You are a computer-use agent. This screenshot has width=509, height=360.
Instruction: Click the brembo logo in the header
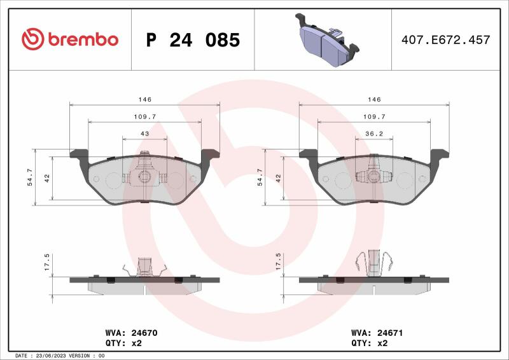pos(70,39)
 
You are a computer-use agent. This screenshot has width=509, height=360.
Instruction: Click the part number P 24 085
pos(193,40)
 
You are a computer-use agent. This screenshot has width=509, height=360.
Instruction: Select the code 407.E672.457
pos(446,39)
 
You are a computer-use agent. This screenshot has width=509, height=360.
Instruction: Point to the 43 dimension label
pos(145,134)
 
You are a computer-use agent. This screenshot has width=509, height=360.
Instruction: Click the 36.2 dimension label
pos(374,134)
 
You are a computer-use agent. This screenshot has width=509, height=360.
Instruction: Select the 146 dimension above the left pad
pos(145,99)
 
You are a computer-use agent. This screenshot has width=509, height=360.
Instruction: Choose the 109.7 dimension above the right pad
pos(374,116)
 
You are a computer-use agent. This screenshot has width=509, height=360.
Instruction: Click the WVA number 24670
pos(144,333)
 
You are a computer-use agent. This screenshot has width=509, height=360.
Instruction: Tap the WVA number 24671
pos(390,333)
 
